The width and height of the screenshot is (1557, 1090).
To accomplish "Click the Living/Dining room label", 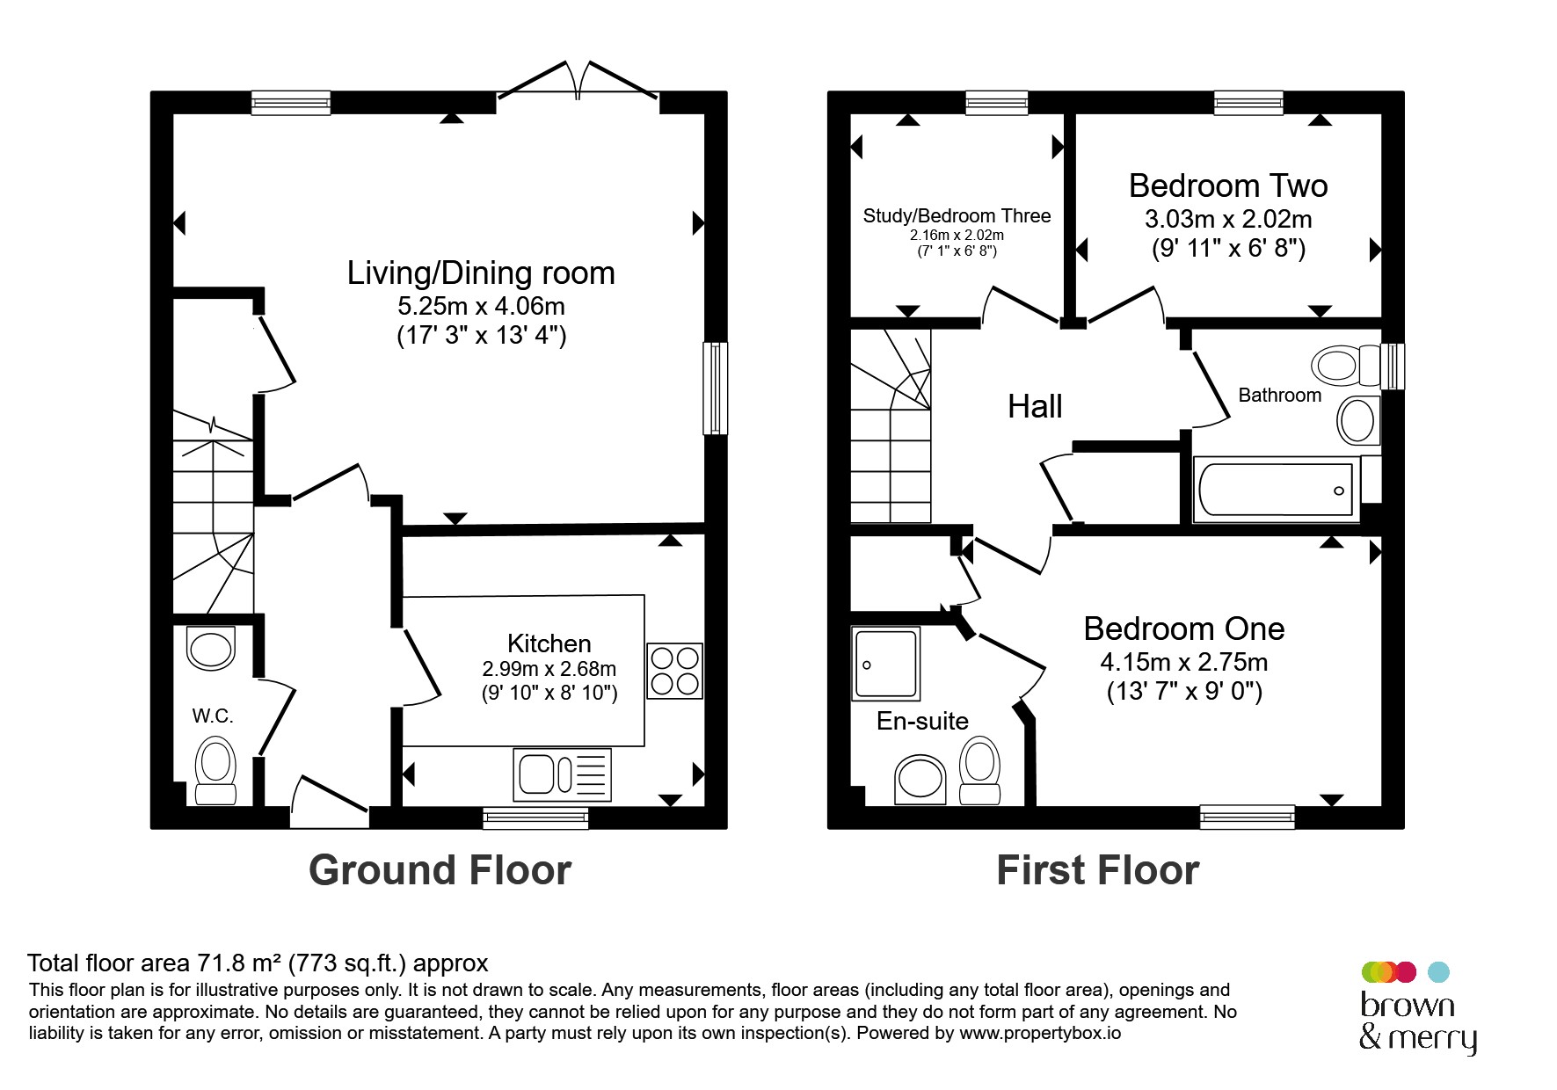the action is [481, 273].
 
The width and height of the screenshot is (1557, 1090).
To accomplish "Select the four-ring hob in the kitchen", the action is [675, 671].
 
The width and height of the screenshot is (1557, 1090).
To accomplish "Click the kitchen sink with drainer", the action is [563, 774].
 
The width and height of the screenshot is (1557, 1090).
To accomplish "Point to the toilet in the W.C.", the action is [215, 771].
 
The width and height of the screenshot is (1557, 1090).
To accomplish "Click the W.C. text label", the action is [213, 716].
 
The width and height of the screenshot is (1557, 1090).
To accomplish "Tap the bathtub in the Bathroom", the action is [1276, 490].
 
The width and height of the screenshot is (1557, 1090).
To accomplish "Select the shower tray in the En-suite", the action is [885, 664].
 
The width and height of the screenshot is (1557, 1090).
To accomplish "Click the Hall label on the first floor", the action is [1035, 406].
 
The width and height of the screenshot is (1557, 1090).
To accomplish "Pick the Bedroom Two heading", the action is [1228, 185].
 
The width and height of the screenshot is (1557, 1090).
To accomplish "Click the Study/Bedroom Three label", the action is [957, 215].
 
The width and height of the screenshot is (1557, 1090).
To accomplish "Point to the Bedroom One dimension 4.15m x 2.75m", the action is [1184, 662].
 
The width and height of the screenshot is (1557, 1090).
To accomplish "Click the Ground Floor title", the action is [440, 870].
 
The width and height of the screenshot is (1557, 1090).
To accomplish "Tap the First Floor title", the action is [1098, 870].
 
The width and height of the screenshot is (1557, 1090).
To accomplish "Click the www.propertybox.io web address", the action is [1040, 1033].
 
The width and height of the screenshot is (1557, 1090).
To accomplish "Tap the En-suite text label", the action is [922, 721].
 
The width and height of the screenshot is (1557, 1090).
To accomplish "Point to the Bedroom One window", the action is [1248, 817].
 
